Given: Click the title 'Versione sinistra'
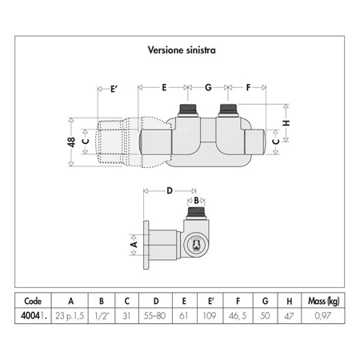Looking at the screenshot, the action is pyautogui.click(x=182, y=50).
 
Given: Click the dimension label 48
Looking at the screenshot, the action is pyautogui.click(x=71, y=142).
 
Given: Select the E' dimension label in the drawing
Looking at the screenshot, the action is pyautogui.click(x=114, y=89).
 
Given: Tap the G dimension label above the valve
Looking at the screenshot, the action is pyautogui.click(x=208, y=87).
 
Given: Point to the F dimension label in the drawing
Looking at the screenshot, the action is pyautogui.click(x=248, y=87).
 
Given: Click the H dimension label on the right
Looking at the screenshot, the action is pyautogui.click(x=286, y=123).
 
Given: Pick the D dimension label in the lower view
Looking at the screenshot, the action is pyautogui.click(x=170, y=190).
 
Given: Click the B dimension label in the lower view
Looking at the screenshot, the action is pyautogui.click(x=196, y=200).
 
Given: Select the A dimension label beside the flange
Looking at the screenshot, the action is pyautogui.click(x=134, y=244).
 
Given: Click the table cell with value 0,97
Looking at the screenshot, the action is pyautogui.click(x=322, y=316).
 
